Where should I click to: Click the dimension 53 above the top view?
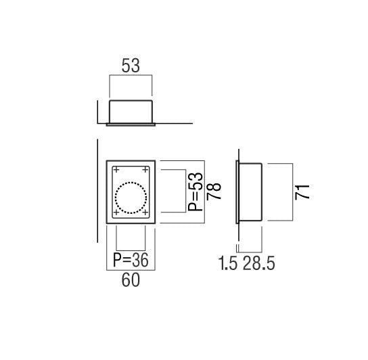(x=131, y=66)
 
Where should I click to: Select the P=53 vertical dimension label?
(x=196, y=191)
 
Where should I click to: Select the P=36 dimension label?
(x=131, y=260)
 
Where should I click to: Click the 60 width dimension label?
(x=131, y=279)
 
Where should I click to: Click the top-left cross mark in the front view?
(x=116, y=168)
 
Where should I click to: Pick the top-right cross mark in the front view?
(x=145, y=168)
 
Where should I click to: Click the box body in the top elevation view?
(x=131, y=112)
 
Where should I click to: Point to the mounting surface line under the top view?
(x=176, y=124)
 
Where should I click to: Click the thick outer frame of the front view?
(x=108, y=192)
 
